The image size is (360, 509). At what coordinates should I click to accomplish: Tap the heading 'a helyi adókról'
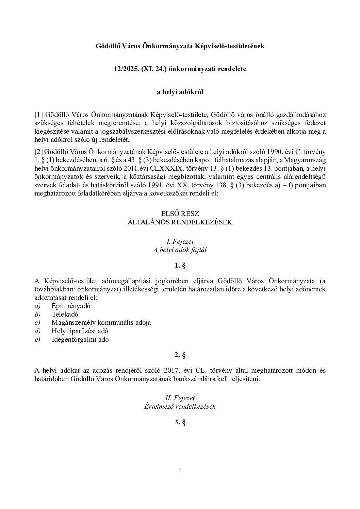click(x=180, y=92)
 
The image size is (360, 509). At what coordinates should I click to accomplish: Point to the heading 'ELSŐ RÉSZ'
click(x=180, y=214)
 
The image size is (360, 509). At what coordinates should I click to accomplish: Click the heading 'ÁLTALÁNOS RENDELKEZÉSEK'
click(x=180, y=222)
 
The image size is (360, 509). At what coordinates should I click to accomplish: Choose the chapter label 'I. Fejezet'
click(x=180, y=242)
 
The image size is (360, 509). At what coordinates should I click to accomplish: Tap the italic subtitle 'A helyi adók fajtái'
click(x=180, y=250)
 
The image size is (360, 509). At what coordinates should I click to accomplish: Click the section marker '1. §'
click(x=180, y=266)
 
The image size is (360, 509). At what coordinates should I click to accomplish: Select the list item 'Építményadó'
click(x=71, y=306)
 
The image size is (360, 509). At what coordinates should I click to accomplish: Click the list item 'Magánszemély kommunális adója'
click(x=101, y=323)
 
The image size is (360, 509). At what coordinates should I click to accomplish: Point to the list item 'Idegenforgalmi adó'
click(x=80, y=339)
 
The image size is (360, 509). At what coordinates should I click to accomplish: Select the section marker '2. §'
click(x=180, y=355)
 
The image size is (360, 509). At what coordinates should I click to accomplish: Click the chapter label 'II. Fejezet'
click(x=180, y=398)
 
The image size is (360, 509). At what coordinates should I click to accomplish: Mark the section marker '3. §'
click(x=180, y=422)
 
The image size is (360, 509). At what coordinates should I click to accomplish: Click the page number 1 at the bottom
click(x=180, y=471)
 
